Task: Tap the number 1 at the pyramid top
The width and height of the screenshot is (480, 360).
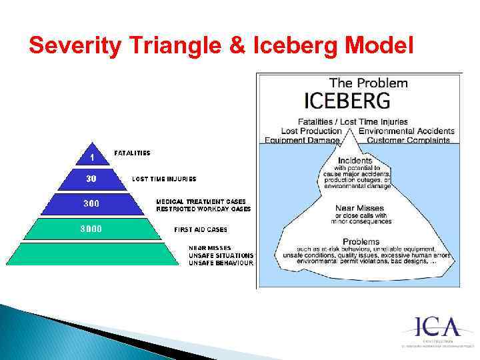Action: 92,157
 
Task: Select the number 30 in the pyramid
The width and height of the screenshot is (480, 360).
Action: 92,179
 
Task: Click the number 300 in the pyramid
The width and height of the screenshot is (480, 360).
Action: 92,203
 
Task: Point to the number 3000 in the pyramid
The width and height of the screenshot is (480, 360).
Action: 92,229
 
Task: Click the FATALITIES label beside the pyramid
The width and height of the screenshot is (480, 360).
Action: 133,153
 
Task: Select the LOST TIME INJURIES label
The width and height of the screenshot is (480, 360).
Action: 164,179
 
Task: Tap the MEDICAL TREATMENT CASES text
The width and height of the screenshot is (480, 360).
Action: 201,201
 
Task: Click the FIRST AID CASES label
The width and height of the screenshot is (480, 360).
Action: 201,229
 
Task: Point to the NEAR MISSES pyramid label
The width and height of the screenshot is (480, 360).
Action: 210,248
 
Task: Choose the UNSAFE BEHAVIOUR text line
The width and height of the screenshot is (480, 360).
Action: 221,263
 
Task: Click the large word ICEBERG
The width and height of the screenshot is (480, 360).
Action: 347,101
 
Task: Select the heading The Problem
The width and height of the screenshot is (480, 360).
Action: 369,83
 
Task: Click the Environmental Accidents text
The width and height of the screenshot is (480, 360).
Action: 406,131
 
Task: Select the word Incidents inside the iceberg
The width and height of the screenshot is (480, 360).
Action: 355,161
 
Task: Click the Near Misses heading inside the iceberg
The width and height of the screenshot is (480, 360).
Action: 359,208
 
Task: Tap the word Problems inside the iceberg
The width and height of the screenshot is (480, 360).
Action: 361,241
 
